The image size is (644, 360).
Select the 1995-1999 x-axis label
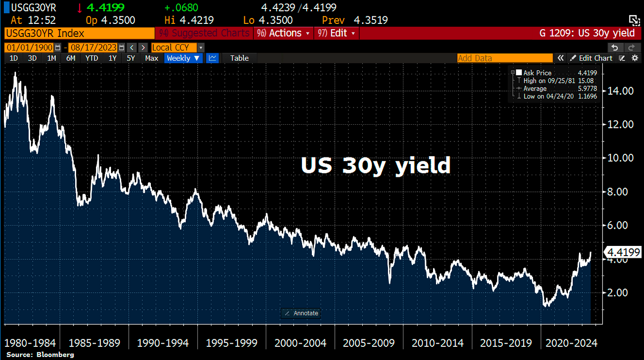(x=231, y=343)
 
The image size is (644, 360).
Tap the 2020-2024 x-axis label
(x=571, y=343)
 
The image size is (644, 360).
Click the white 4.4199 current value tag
(x=624, y=253)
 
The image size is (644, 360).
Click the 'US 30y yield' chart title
(x=376, y=166)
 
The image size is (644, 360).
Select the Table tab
(x=239, y=58)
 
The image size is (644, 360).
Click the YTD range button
(x=92, y=58)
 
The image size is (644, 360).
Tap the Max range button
(x=152, y=58)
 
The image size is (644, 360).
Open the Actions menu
(x=284, y=33)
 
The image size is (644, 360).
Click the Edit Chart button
(x=591, y=58)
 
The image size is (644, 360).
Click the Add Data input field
(x=504, y=58)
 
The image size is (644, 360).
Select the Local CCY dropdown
(x=177, y=47)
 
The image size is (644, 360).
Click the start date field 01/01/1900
(x=29, y=47)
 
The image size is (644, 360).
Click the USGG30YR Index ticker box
(x=79, y=33)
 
